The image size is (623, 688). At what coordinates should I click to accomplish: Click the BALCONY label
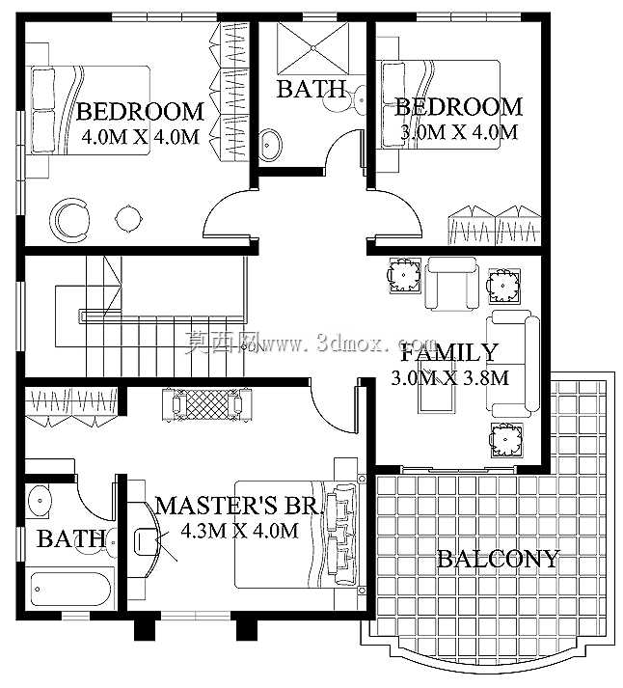pyautogui.click(x=498, y=559)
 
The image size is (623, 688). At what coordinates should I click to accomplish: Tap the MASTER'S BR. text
pyautogui.click(x=239, y=506)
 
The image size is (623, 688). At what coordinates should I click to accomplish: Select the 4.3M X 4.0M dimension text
pyautogui.click(x=239, y=531)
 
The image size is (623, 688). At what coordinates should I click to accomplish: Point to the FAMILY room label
pyautogui.click(x=449, y=352)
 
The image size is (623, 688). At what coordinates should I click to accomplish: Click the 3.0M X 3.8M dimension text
pyautogui.click(x=449, y=378)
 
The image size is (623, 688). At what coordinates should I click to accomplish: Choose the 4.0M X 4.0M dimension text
pyautogui.click(x=140, y=137)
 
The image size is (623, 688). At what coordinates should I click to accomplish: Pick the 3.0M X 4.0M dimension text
pyautogui.click(x=459, y=131)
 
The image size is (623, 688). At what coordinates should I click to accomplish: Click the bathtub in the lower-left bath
pyautogui.click(x=71, y=589)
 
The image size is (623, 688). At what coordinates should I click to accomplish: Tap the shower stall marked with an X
pyautogui.click(x=312, y=48)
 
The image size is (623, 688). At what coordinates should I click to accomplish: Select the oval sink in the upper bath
pyautogui.click(x=270, y=145)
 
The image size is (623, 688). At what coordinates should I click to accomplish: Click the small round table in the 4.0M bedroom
pyautogui.click(x=128, y=218)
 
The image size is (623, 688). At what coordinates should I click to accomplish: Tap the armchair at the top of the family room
pyautogui.click(x=450, y=283)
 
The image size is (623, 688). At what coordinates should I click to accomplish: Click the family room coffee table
pyautogui.click(x=437, y=385)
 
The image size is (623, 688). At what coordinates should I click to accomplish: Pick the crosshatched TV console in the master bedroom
pyautogui.click(x=207, y=404)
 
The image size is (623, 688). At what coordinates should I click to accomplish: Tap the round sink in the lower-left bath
pyautogui.click(x=40, y=500)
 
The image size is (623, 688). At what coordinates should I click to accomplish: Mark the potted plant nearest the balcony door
pyautogui.click(x=506, y=440)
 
